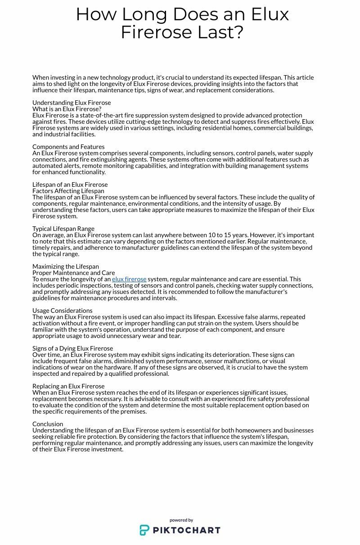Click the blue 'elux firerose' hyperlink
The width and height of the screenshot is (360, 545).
129,279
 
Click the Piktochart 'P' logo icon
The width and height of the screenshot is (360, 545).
144,530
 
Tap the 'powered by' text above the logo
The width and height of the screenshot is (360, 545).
181,520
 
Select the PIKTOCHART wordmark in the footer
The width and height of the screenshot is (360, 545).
186,530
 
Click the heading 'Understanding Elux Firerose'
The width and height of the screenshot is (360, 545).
72,103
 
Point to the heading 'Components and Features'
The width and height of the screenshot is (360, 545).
68,147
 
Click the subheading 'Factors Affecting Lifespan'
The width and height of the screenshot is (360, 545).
68,191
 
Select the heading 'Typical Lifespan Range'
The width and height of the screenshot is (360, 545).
63,229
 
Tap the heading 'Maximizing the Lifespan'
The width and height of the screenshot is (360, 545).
66,266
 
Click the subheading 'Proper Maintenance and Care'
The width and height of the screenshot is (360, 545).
73,273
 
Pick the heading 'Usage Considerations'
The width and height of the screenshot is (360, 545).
63,311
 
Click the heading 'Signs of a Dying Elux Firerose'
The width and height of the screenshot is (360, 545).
72,348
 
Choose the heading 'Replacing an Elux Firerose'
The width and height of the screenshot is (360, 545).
68,386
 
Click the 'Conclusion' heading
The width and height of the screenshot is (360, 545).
48,424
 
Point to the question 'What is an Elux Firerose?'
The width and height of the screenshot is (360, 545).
67,109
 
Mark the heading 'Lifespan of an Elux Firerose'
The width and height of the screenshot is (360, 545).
70,185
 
